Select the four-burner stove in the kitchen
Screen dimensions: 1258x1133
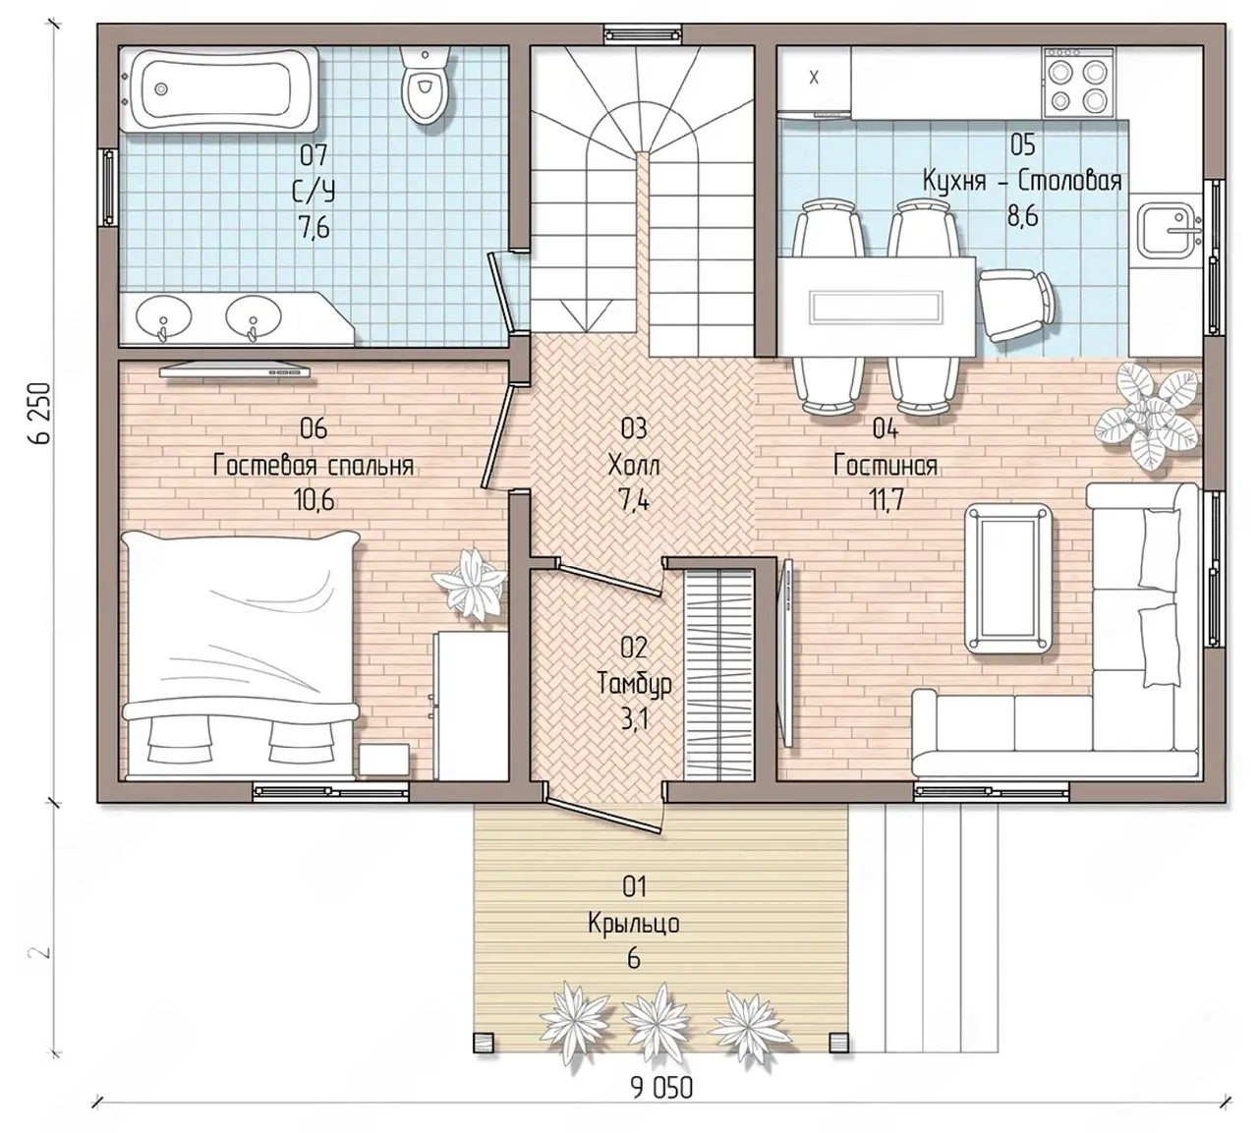point(1077,83)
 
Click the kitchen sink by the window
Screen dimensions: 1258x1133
point(1167,230)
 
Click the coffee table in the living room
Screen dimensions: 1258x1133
point(1008,579)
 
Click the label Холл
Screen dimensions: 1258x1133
point(634,467)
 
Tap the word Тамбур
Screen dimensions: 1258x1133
point(635,683)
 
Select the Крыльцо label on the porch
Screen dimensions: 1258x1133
point(634,923)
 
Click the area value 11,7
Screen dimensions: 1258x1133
point(886,501)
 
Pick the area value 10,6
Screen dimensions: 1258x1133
point(314,500)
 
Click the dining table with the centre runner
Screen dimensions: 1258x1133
point(877,307)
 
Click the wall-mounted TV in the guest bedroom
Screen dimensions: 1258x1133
point(235,369)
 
